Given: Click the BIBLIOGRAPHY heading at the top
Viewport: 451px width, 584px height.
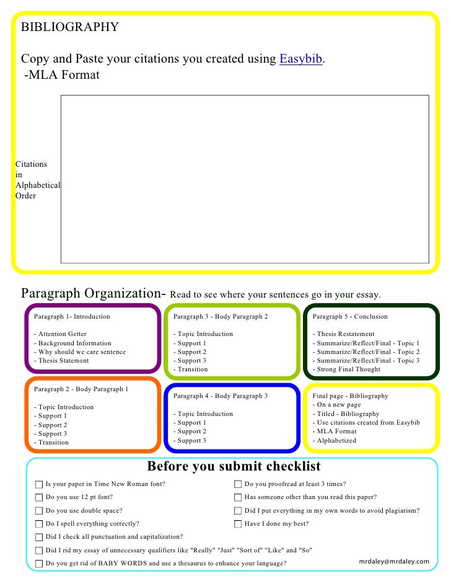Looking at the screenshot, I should click(x=70, y=27).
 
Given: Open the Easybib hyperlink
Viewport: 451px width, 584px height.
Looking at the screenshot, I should click(x=301, y=60).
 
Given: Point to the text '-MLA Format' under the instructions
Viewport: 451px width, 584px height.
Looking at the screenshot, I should click(x=61, y=75).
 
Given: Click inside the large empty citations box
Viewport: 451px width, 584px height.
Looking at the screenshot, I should click(x=244, y=179).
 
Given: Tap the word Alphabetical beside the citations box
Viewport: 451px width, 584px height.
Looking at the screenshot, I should click(x=38, y=185).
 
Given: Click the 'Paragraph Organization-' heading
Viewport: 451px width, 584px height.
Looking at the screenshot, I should click(x=93, y=293).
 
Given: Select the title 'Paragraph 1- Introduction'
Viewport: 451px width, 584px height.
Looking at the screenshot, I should click(x=72, y=317).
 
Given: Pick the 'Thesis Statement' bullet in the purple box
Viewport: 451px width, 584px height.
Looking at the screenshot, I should click(x=63, y=360).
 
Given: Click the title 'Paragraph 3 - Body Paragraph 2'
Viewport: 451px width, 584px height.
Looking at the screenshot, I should click(x=221, y=317).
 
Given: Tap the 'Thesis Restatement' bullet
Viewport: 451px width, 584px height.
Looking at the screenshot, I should click(x=345, y=334).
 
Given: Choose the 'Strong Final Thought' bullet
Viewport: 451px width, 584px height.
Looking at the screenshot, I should click(x=349, y=369).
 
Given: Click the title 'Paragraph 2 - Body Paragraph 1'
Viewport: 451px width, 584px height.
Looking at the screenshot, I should click(x=81, y=389).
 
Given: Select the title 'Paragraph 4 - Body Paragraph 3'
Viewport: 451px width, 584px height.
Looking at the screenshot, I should click(x=221, y=396).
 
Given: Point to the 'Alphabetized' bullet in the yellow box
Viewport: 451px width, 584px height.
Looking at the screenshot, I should click(x=336, y=441).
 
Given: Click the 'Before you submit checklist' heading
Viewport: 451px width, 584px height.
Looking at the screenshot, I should click(x=234, y=467).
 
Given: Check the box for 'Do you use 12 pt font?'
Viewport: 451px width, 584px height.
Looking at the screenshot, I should click(x=39, y=497).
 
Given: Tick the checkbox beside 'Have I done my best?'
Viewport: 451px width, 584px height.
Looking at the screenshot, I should click(x=238, y=524).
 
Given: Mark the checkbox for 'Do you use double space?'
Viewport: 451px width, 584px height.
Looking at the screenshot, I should click(x=39, y=511).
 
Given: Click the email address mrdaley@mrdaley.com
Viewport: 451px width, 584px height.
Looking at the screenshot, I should click(x=394, y=562).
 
